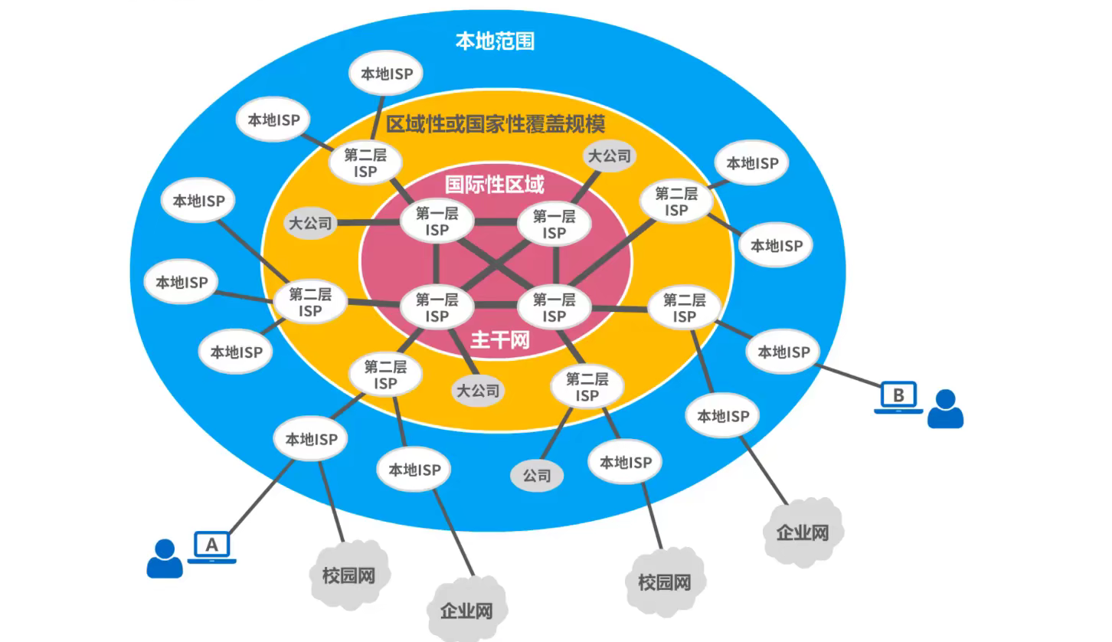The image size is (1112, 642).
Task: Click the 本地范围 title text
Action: [495, 41]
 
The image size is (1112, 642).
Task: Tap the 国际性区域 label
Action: [495, 185]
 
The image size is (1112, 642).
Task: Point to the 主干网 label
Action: [499, 339]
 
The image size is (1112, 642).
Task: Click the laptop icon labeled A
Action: [212, 546]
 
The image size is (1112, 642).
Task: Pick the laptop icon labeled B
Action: [898, 398]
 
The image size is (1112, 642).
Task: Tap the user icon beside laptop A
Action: [165, 558]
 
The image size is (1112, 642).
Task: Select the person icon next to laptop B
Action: [945, 408]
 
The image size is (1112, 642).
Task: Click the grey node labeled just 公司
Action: [537, 476]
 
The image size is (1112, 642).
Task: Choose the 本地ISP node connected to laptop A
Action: [311, 440]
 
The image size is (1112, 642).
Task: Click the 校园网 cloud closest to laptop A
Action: [349, 575]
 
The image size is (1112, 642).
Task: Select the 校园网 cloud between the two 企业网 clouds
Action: [664, 582]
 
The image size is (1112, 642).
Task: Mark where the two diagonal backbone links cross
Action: [495, 266]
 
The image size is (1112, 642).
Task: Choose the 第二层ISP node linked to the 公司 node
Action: [587, 387]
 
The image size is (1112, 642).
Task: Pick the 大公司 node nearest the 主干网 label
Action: [478, 391]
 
